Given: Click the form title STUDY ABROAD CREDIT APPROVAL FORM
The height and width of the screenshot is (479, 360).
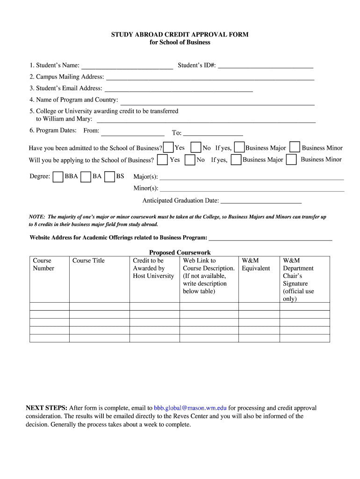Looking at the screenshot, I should pos(180,35).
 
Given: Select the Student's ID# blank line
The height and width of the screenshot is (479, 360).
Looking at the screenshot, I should pos(265,66).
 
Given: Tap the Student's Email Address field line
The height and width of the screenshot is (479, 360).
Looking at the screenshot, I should pos(179,89).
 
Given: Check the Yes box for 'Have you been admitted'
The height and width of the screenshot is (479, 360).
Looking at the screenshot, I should pos(169,147).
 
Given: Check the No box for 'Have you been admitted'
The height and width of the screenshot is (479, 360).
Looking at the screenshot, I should pos(196,147).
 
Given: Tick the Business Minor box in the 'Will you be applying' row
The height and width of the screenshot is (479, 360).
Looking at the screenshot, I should pos(291,160).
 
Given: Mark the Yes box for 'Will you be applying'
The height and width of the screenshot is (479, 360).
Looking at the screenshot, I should pos(163,160).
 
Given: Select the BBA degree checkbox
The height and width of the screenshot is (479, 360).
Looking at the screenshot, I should pos(58,177).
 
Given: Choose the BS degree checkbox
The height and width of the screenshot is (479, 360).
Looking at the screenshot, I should pos(110,177).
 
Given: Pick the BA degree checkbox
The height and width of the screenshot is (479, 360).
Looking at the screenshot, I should pos(86,177).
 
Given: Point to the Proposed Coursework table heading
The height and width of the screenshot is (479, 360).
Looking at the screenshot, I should pos(180,253).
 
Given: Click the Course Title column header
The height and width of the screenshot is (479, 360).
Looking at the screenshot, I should pos(88,261).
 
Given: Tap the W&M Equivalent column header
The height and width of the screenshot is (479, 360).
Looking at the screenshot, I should pos(256,264).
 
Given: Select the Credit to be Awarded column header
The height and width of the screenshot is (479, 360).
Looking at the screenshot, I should pos(153,268).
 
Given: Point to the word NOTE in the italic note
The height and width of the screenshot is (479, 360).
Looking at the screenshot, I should pos(36,217).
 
